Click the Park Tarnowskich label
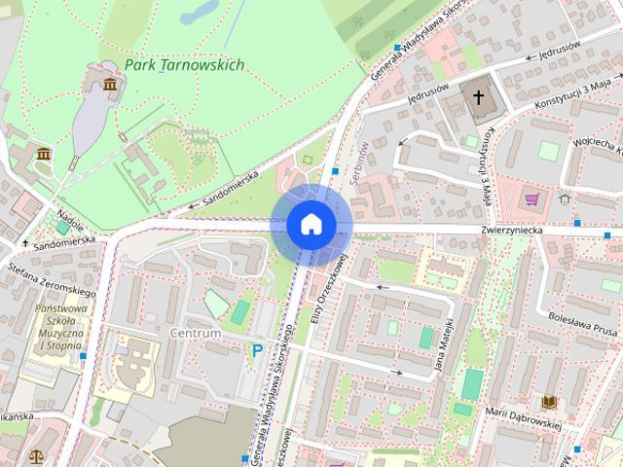[184, 65]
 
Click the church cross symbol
[477, 95]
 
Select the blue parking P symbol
[257, 350]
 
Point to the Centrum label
[195, 333]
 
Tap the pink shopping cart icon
[531, 200]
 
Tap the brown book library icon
[549, 401]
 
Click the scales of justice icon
[37, 453]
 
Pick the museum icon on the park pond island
[110, 86]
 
